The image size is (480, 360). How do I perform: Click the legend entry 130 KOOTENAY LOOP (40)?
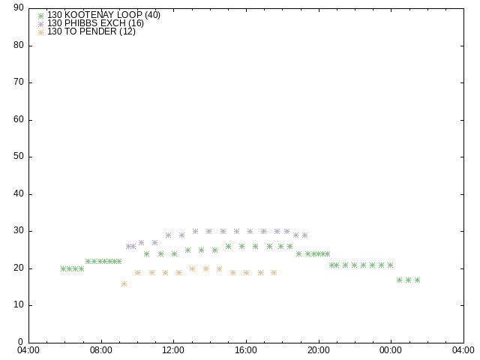[x=103, y=15]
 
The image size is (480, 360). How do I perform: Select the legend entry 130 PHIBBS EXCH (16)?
[x=95, y=23]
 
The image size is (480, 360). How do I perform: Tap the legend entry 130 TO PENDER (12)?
[x=91, y=31]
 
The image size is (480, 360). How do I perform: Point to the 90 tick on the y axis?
[x=19, y=7]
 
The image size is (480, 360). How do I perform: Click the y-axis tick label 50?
[x=19, y=157]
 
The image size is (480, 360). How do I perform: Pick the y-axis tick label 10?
[x=19, y=305]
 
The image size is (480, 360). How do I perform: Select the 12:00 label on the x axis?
[x=173, y=350]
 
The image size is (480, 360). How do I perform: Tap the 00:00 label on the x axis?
[x=391, y=350]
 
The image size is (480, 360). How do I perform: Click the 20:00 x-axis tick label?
[x=319, y=350]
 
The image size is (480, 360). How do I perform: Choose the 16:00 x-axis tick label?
[x=246, y=350]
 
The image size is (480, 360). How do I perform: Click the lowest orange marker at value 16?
[x=124, y=283]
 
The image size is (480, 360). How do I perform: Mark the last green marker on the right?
[x=417, y=280]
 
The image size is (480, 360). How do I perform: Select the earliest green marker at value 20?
[x=63, y=268]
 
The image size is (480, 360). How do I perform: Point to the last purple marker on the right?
[x=304, y=235]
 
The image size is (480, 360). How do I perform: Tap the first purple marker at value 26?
[x=128, y=246]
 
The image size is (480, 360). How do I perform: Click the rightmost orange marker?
[x=274, y=272]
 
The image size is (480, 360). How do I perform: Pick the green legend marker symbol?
[x=41, y=16]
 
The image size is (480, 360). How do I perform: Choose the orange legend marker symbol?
[x=41, y=32]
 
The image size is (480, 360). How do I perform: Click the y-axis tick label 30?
[x=19, y=230]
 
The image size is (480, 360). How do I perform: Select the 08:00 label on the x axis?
[x=101, y=350]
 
